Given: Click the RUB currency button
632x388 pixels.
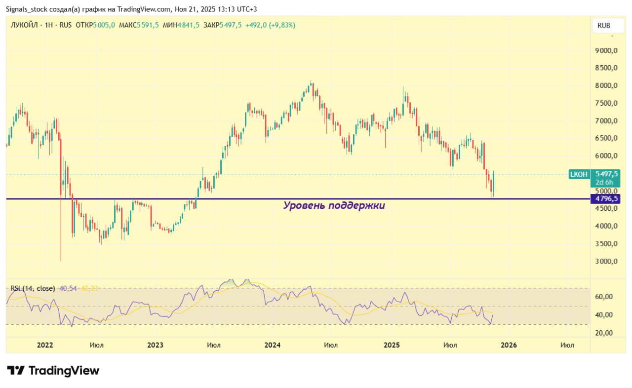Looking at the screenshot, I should coord(603,26).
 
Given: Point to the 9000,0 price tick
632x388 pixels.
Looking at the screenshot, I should coord(606,50).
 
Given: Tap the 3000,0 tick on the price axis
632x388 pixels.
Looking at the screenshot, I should coord(606,261).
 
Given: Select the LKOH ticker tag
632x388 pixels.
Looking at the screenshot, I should coord(579,174).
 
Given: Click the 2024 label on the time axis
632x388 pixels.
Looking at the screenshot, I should coord(272,345).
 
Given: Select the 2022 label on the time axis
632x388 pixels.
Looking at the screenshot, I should coord(45,345).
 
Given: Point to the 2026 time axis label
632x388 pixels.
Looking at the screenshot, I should coord(509,345).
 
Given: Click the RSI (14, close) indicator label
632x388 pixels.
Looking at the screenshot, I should coord(33,288).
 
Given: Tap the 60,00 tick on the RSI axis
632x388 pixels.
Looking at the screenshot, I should coord(603,297).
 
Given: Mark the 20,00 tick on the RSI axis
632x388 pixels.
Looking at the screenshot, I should coord(603,333).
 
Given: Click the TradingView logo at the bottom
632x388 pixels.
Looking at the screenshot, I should coord(53,370).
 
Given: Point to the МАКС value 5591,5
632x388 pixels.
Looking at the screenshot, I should coord(148,25).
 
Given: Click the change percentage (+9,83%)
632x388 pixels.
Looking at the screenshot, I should coord(281,25).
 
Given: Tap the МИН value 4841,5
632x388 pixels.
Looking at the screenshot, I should coord(189,25).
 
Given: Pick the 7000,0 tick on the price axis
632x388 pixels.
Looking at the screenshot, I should coord(606,121).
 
